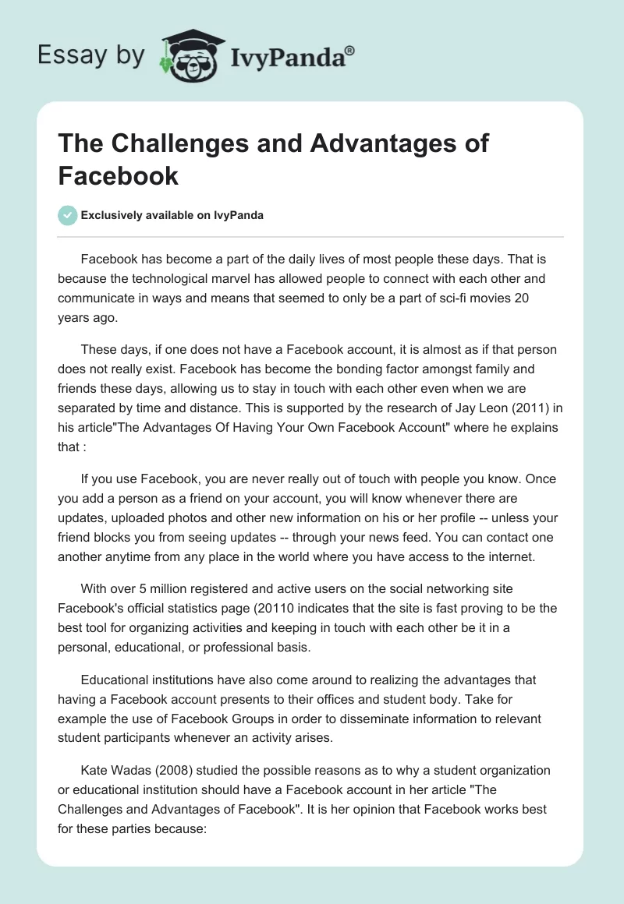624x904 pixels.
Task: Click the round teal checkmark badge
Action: (68, 215)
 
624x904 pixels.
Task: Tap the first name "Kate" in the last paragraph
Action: (94, 770)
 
